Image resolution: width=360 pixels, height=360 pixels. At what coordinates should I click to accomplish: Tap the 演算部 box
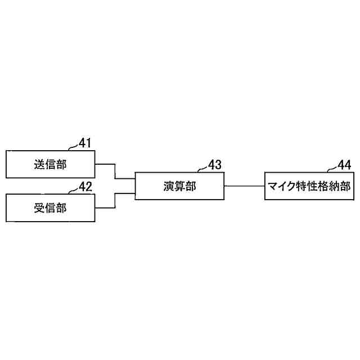[179, 186]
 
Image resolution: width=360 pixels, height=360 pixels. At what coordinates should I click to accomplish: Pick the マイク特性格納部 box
[310, 186]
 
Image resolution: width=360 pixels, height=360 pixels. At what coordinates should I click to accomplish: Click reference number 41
[85, 143]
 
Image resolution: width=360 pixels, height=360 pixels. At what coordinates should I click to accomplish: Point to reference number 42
[85, 187]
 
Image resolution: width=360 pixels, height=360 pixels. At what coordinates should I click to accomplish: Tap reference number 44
[344, 165]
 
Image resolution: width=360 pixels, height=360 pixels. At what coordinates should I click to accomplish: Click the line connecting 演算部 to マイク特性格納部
[244, 186]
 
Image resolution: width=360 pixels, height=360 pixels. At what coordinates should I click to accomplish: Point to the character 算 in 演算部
[179, 186]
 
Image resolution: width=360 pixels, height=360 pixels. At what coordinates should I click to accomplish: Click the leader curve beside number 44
[332, 168]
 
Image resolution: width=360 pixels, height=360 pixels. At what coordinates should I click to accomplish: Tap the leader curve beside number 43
[202, 168]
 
